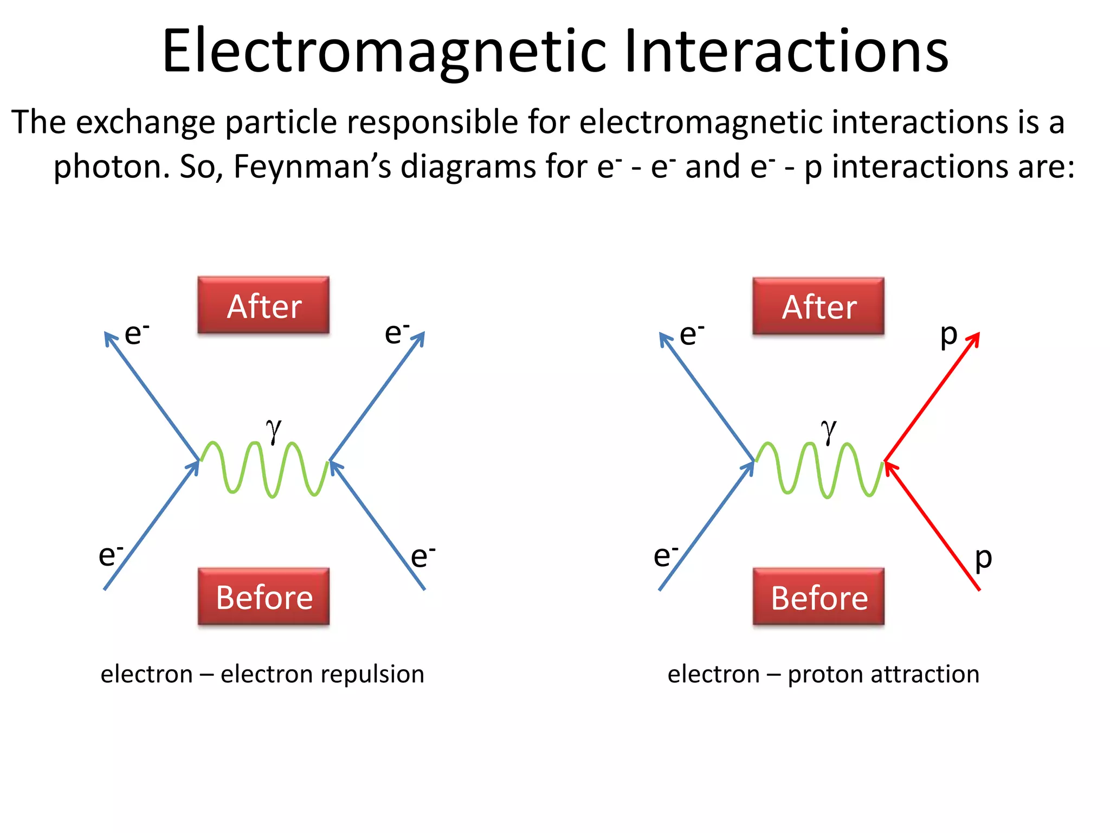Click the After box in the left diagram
pos(263,305)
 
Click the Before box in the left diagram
pos(263,597)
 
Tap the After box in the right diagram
pos(818,306)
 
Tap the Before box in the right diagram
pos(818,597)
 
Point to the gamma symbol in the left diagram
pos(274,430)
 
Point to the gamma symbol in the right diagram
pos(829,431)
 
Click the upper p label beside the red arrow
pos(948,335)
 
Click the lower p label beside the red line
pos(983,559)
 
